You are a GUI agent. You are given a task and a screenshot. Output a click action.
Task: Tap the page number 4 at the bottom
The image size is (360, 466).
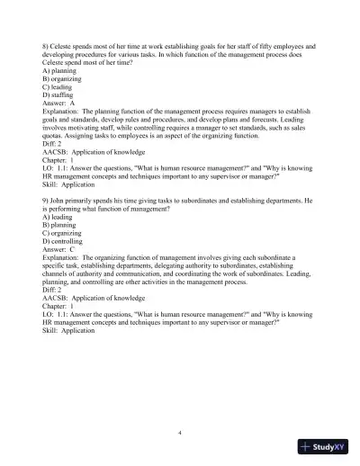coord(180,433)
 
